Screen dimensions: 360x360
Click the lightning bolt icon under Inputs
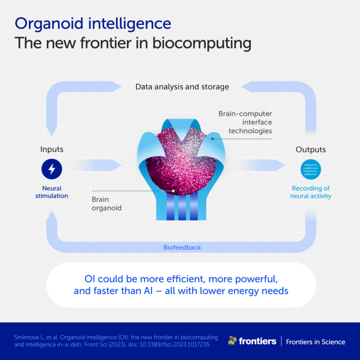pos(51,169)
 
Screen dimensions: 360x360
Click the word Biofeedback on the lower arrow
pos(182,247)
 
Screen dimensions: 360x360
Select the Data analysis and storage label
pos(182,87)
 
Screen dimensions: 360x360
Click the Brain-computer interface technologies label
pos(245,122)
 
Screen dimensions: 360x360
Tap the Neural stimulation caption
pos(51,192)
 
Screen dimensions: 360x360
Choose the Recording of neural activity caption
pos(311,192)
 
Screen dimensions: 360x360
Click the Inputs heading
pos(52,149)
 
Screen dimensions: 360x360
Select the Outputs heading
pos(311,149)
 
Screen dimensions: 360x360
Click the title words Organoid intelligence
pos(93,23)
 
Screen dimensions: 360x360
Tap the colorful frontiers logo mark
pos(232,341)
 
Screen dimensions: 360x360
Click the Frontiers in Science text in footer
pos(315,341)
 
